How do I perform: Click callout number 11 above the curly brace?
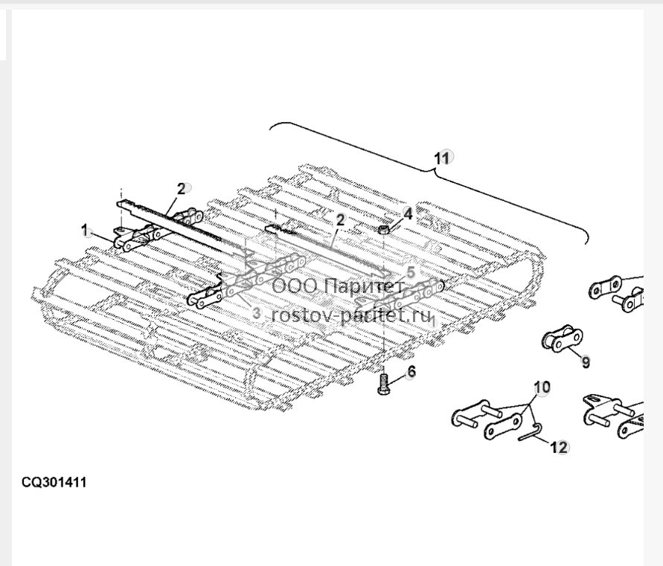441,158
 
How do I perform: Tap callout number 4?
408,214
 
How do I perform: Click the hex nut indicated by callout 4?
383,230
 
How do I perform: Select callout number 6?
411,372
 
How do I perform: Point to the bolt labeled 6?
383,384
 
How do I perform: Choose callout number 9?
586,362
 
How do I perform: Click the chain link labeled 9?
562,338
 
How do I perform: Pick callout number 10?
542,387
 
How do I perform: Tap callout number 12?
559,447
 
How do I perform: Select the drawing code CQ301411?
54,482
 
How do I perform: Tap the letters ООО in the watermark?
294,286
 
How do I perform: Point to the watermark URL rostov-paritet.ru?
351,315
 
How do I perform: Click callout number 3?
256,314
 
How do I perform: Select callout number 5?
411,271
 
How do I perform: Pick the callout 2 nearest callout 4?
340,220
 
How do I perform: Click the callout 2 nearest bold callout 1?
181,189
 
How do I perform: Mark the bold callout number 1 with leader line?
86,231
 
